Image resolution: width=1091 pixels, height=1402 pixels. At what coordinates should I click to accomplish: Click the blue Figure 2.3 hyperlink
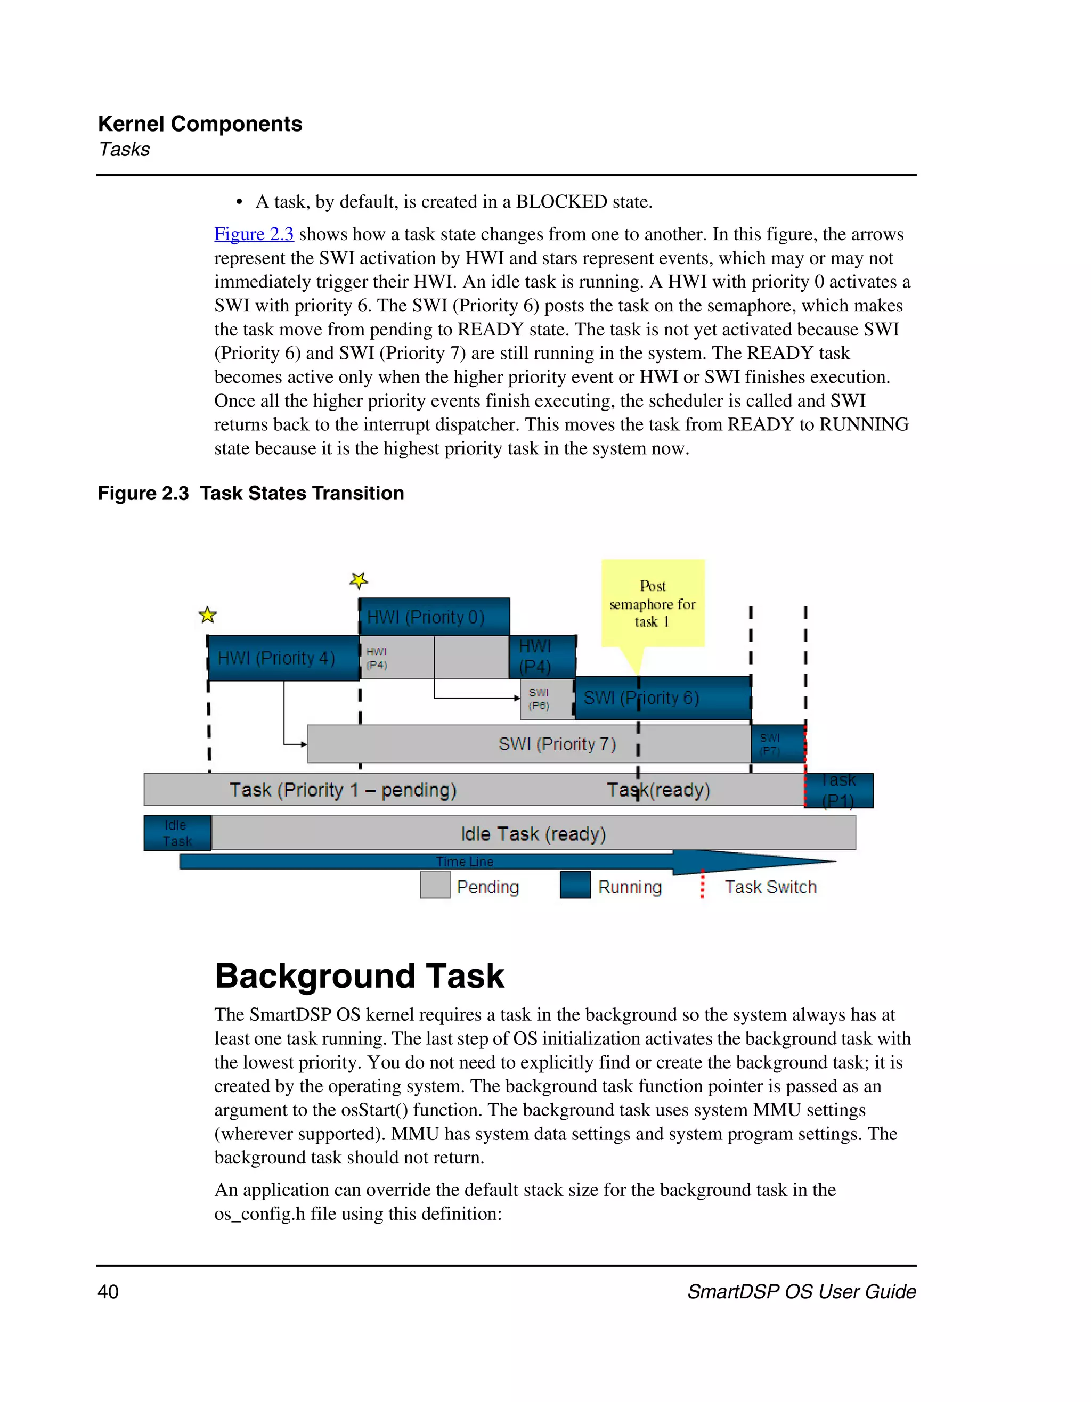254,234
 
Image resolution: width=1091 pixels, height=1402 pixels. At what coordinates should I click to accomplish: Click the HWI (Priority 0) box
434,617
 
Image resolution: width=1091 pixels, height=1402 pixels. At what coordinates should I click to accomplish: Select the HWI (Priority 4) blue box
282,658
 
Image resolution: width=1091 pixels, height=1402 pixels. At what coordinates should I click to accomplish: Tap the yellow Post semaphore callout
653,603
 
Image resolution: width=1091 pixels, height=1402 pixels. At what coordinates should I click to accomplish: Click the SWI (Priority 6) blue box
663,698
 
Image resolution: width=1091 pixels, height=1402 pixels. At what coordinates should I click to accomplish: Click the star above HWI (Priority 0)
359,581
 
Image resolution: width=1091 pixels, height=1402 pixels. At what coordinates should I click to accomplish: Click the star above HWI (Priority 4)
207,615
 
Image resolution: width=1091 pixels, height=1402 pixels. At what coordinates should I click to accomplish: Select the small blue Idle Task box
177,833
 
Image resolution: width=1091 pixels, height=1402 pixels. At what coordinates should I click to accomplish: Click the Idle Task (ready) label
533,834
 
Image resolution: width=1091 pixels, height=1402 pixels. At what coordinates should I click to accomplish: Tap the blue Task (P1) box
838,790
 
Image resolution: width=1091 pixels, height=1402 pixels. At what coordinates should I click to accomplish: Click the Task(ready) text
658,790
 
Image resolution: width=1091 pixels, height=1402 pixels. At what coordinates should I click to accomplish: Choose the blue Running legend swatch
575,884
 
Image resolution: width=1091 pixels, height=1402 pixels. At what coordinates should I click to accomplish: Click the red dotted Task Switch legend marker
703,884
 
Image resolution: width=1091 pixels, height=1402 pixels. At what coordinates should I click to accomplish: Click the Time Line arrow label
465,862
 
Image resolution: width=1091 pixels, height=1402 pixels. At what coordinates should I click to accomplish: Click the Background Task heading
359,977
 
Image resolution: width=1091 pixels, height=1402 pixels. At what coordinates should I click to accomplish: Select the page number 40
108,1292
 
